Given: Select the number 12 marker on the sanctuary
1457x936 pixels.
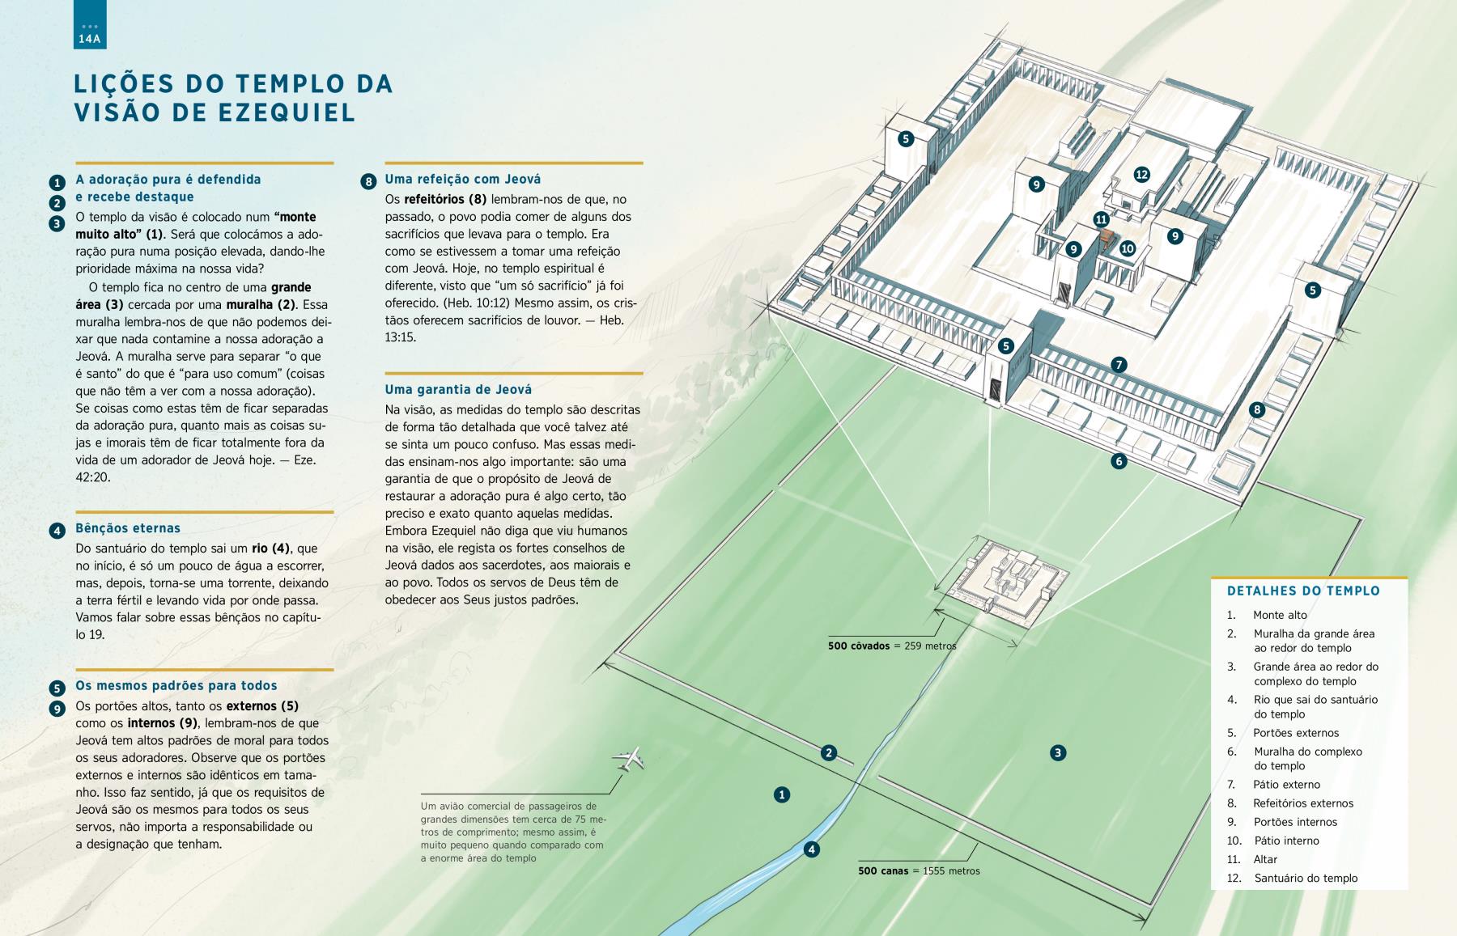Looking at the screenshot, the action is [1141, 174].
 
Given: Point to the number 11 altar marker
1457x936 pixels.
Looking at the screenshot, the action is [1101, 219].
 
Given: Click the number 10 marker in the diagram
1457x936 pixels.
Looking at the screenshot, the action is [1128, 248].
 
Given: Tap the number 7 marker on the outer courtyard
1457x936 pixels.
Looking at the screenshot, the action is [1119, 365].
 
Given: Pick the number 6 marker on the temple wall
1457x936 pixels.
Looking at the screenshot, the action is [1119, 461].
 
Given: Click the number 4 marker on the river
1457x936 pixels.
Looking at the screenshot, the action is [811, 849].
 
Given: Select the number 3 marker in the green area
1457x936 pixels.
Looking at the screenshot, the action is [1057, 753].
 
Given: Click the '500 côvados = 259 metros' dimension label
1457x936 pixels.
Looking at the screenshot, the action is [892, 646].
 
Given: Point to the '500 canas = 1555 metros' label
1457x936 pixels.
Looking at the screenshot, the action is [919, 871].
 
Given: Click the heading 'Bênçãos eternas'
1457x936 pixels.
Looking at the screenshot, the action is [128, 528].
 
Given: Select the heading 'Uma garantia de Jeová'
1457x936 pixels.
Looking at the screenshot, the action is [458, 389].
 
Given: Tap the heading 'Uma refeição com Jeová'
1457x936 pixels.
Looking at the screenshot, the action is [463, 179].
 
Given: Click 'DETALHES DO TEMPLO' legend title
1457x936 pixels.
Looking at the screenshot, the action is [1303, 591].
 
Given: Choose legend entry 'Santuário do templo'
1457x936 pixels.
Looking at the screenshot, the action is [1306, 878].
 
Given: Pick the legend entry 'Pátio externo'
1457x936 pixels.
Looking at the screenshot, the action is [1286, 784].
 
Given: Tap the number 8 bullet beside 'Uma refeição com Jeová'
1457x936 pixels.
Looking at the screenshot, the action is [368, 181].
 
